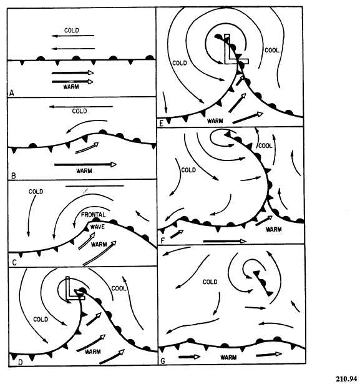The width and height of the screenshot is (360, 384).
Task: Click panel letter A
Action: click(x=11, y=93)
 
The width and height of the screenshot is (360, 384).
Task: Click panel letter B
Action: click(x=14, y=176)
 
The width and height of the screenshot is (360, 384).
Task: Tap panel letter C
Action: click(x=14, y=263)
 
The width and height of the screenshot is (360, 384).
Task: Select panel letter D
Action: click(x=21, y=362)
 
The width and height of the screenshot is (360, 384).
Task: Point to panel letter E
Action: click(x=161, y=124)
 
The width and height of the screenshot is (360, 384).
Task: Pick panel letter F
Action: click(x=162, y=241)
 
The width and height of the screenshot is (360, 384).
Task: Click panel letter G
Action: click(x=163, y=361)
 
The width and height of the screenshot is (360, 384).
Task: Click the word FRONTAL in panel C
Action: click(x=93, y=215)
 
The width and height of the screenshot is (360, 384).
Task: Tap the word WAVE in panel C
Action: click(x=97, y=227)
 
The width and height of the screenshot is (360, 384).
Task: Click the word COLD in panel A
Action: click(x=72, y=31)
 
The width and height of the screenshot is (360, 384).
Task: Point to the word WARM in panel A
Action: click(x=71, y=87)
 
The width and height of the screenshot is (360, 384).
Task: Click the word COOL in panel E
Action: click(x=272, y=50)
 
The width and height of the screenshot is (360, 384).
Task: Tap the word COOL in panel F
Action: click(x=265, y=145)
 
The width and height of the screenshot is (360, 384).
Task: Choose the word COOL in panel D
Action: click(x=119, y=288)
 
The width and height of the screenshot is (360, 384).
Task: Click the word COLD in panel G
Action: click(x=210, y=282)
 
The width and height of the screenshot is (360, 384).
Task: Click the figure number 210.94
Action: click(x=346, y=378)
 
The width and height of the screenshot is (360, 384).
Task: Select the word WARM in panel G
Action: click(x=228, y=357)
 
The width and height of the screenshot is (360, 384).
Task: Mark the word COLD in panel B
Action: click(x=79, y=111)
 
